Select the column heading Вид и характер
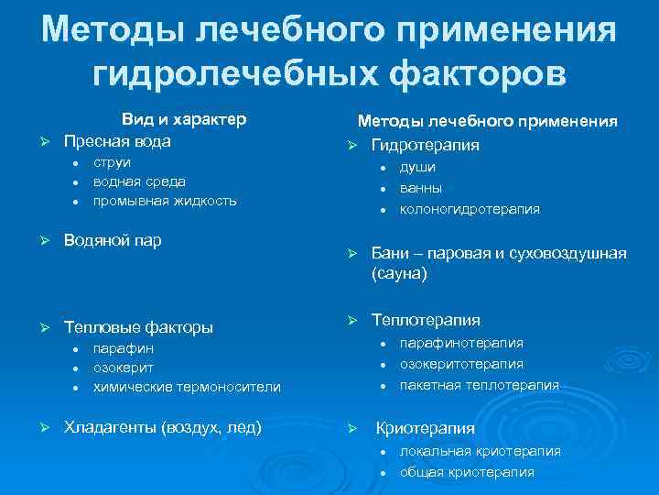coord(185,120)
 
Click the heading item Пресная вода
coord(117,142)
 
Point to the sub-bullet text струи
coord(112,163)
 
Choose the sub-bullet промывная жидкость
coord(165,201)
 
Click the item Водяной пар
coord(112,240)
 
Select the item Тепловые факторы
coord(138,327)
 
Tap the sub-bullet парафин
coord(124,348)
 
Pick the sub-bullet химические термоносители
coord(187,387)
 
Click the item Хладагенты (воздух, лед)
coord(162,426)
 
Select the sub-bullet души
coord(417,168)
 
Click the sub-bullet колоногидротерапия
coord(470,208)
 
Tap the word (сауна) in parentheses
coord(399,273)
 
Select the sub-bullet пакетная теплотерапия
coord(479,385)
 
